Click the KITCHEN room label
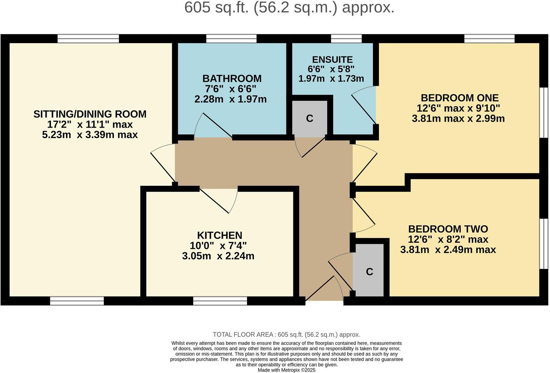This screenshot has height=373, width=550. point(220,235)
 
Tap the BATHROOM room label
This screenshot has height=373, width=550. point(232,79)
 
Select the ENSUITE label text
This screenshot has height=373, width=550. point(332,60)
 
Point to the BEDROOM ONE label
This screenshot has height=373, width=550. point(459,98)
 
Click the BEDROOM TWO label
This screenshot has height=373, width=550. point(448,229)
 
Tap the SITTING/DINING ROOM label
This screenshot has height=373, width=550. point(90,114)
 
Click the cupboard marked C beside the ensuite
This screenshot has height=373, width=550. point(309,118)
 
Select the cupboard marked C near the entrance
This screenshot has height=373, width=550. point(369,272)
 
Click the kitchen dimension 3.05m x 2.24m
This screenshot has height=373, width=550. point(218,256)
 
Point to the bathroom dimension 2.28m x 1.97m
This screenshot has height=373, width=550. point(230,99)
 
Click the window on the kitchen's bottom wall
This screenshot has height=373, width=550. point(220,301)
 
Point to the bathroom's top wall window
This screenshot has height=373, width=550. point(231,38)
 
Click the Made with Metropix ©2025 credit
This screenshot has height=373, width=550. point(286,370)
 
